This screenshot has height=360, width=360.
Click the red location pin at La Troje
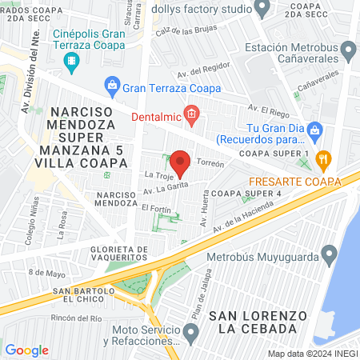point(181,162)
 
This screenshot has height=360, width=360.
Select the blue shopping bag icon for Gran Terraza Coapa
point(112,85)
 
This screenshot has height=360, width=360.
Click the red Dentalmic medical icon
point(190,117)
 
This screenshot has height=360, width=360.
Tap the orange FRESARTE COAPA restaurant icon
point(323,158)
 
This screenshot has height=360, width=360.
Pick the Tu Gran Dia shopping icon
point(315,129)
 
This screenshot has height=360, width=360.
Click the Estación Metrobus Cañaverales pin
point(348,53)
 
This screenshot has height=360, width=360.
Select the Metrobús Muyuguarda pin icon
point(328,257)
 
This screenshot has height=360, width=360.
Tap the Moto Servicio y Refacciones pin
point(190,331)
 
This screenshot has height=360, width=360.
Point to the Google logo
point(27,350)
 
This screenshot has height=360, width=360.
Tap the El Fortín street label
point(156,208)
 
